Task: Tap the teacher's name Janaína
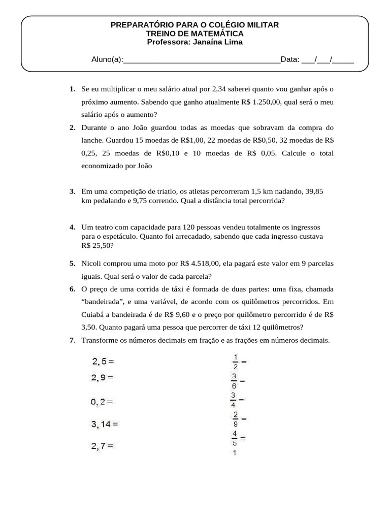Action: (208, 42)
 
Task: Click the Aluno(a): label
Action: (107, 59)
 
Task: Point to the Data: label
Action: (290, 59)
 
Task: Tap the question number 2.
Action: (73, 127)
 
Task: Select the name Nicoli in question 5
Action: (91, 264)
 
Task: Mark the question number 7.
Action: (73, 340)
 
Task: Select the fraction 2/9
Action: (235, 419)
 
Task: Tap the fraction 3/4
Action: (234, 400)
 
